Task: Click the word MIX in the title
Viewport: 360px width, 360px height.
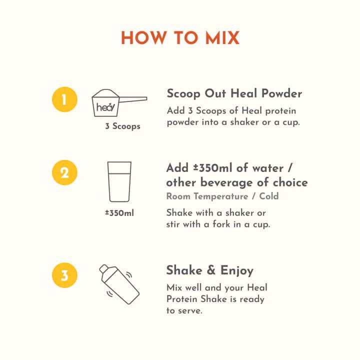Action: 222,38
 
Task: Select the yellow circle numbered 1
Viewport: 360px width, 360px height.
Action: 64,99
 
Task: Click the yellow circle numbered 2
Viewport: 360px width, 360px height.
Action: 64,172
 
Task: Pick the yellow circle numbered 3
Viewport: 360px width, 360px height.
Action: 64,275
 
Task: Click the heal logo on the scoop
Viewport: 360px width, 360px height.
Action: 105,107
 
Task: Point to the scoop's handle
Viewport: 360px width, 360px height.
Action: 132,99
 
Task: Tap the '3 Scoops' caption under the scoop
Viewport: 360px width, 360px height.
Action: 122,126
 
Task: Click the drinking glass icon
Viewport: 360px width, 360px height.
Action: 119,181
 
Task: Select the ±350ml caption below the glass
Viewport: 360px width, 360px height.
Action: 119,213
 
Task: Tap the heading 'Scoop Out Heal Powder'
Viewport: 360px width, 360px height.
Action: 234,93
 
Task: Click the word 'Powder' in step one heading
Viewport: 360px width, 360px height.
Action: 282,93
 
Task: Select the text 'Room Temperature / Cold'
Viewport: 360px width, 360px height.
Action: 222,196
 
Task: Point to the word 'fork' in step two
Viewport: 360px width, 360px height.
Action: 221,224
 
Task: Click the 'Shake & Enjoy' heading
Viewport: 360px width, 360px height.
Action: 210,270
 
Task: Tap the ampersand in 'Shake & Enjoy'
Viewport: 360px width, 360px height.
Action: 211,270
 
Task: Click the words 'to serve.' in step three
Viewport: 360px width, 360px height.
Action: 184,310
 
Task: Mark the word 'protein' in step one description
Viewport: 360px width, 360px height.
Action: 281,111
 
